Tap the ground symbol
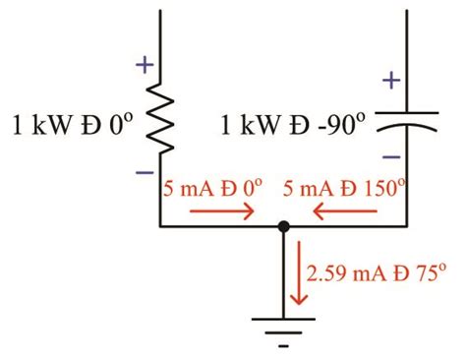point(283,323)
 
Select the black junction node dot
point(283,226)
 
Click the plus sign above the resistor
point(145,66)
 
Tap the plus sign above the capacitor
point(391,80)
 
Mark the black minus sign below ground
point(283,346)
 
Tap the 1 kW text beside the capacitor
point(246,125)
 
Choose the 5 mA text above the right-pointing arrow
point(185,186)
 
